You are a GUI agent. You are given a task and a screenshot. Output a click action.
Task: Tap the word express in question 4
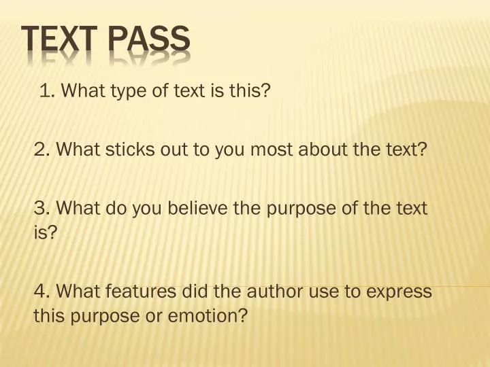402,292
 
